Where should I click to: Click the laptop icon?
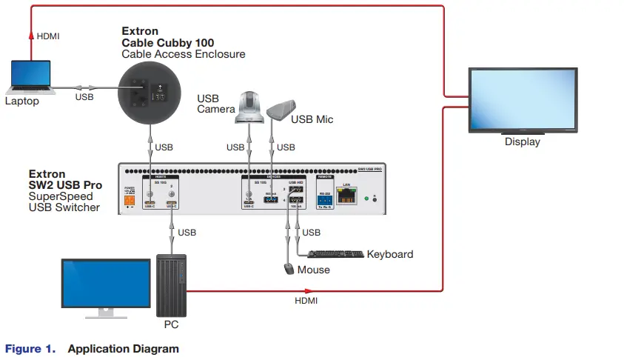pyautogui.click(x=31, y=78)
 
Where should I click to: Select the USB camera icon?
pyautogui.click(x=249, y=107)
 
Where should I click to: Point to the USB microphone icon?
pyautogui.click(x=281, y=110)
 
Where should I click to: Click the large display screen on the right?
pyautogui.click(x=522, y=101)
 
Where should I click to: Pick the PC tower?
pyautogui.click(x=172, y=285)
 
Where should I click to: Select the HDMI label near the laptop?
pyautogui.click(x=48, y=36)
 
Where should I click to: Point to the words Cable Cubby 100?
pyautogui.click(x=157, y=43)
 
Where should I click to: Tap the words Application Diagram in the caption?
pyautogui.click(x=123, y=348)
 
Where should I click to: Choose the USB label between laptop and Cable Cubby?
pyautogui.click(x=84, y=96)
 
